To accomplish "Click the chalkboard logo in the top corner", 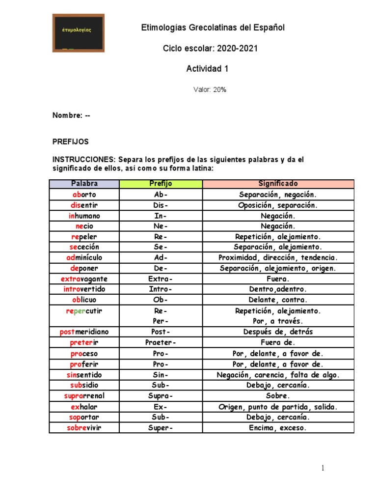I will [78, 32].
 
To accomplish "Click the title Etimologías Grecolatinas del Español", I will [213, 28].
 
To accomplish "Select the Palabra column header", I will [84, 184].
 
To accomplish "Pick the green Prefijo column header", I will [161, 184].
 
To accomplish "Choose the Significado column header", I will [278, 184].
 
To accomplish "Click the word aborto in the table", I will [84, 195].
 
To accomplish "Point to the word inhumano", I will [84, 216].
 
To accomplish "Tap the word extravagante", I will [84, 279].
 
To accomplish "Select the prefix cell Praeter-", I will [161, 343].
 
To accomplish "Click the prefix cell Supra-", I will [161, 396].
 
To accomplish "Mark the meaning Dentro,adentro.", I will [278, 289].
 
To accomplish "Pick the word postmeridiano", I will [84, 332].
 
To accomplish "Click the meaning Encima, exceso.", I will [278, 428].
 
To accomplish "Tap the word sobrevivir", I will [84, 428].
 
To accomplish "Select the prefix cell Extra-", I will [161, 279].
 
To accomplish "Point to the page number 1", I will [323, 468].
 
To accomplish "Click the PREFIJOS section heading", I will [71, 141].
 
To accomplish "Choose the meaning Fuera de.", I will [278, 343].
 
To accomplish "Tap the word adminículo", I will [84, 258].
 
